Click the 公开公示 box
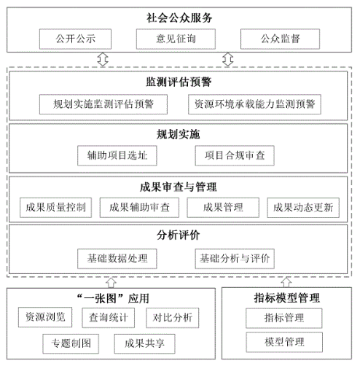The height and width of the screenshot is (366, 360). click(75, 39)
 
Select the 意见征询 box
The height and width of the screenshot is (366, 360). click(176, 39)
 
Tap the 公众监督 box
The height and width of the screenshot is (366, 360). click(280, 39)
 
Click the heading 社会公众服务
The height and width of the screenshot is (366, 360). click(179, 17)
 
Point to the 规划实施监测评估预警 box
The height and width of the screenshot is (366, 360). click(103, 104)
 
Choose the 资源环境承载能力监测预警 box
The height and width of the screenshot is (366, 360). click(254, 104)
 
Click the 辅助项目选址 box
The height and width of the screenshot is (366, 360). click(117, 155)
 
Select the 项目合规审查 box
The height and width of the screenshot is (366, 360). click(235, 155)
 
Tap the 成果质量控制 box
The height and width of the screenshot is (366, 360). click(55, 208)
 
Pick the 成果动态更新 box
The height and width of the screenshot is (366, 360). click(303, 208)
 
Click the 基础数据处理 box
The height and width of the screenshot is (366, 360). click(117, 259)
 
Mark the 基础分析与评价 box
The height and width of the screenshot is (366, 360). click(235, 259)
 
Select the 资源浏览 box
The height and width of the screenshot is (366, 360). click(45, 317)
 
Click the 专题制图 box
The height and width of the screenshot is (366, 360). click(71, 343)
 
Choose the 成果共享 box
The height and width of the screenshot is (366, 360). click(144, 343)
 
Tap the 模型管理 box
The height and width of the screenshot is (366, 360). click(284, 342)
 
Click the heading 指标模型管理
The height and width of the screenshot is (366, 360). click(286, 298)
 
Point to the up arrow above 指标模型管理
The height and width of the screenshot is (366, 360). click(286, 282)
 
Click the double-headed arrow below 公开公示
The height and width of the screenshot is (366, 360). click(103, 59)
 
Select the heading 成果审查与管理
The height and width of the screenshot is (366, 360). click(179, 187)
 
